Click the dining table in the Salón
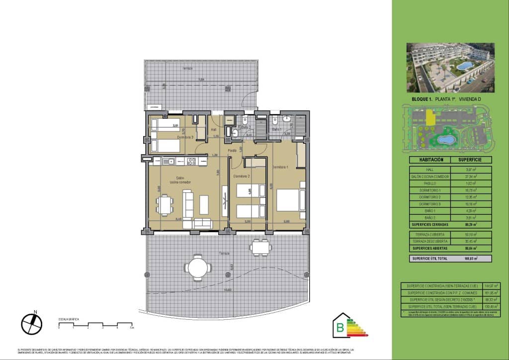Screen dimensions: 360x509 click(x=165, y=204)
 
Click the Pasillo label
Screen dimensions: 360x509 click(x=232, y=150)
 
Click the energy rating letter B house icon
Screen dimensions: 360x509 click(x=341, y=327)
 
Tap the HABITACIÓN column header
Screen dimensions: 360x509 click(x=428, y=160)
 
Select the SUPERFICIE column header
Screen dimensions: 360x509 click(x=471, y=160)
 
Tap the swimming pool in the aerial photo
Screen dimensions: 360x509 click(x=466, y=66)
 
